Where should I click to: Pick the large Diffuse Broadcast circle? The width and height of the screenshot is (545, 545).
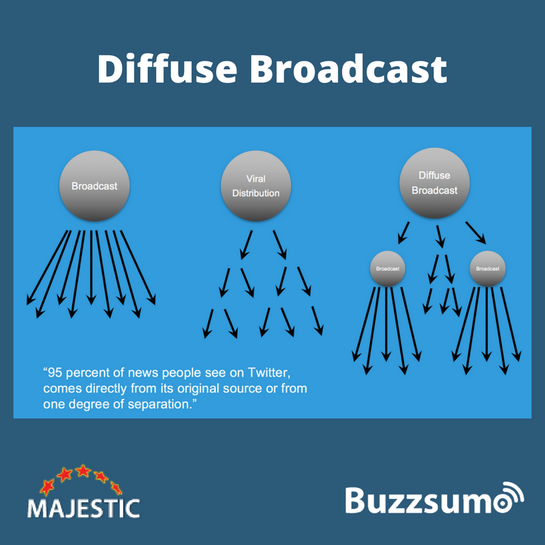(434, 185)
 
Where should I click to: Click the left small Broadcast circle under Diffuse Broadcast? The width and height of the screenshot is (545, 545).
(388, 268)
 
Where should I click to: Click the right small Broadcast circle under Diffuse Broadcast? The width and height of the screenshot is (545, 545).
(488, 268)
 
